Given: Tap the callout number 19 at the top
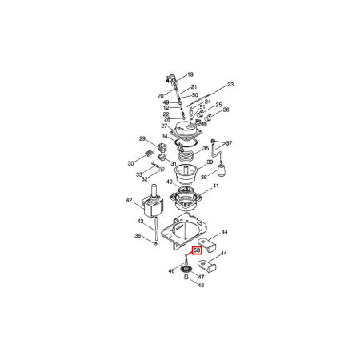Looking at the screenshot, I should pyautogui.click(x=190, y=74).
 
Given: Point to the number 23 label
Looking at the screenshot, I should pyautogui.click(x=230, y=84).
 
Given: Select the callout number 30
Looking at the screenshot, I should pyautogui.click(x=130, y=162).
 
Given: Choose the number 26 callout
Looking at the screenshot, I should pyautogui.click(x=226, y=110).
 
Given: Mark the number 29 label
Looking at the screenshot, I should pyautogui.click(x=142, y=138).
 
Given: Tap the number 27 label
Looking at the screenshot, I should pyautogui.click(x=164, y=126).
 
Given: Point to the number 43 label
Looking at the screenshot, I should pyautogui.click(x=141, y=222).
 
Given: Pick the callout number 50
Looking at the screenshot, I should pyautogui.click(x=194, y=95).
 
